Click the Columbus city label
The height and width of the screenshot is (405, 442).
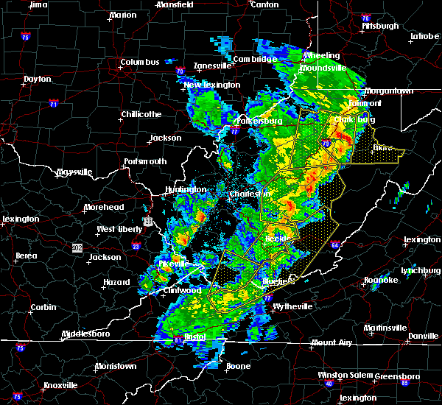(x=140, y=63)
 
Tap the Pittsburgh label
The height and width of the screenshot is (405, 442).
(x=380, y=26)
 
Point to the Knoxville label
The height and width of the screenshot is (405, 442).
(x=60, y=385)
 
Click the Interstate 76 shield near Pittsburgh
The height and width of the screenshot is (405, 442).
(x=366, y=18)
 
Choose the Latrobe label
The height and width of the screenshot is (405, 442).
(x=425, y=35)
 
